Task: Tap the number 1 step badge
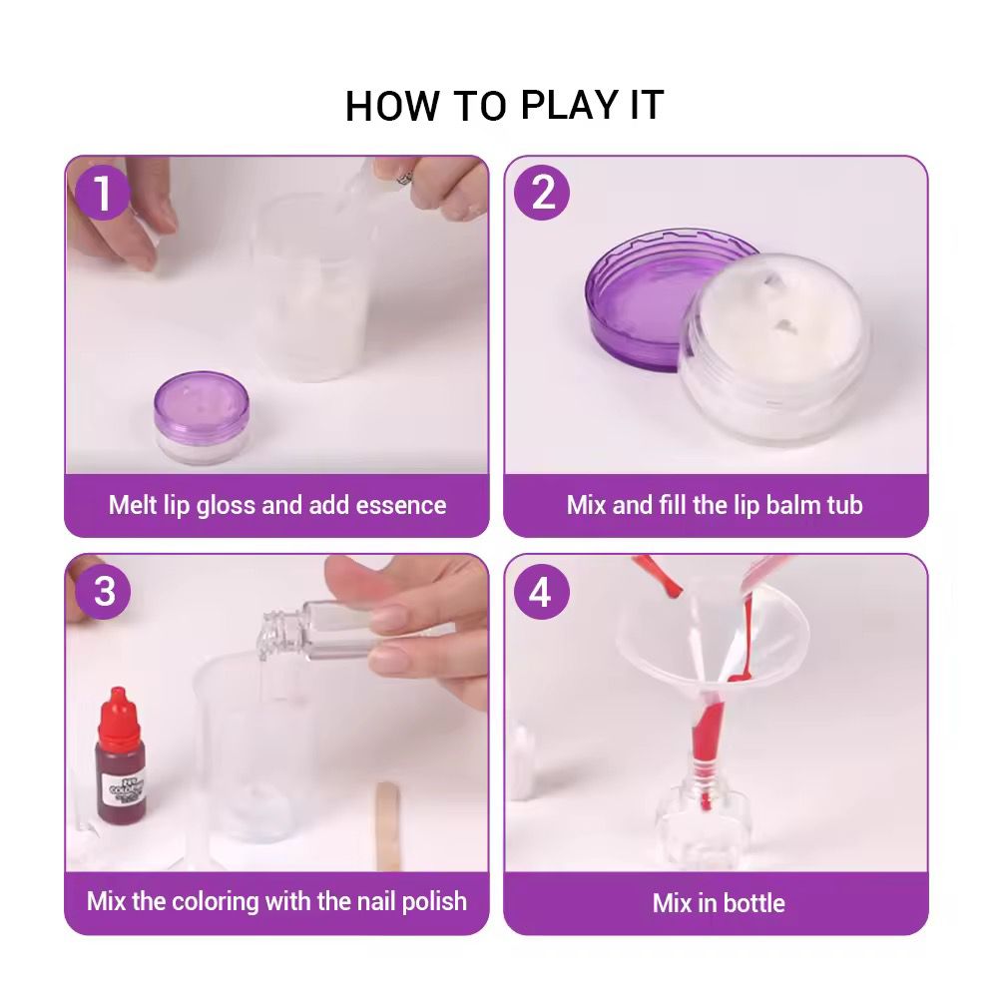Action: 103,193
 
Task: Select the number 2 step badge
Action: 542,193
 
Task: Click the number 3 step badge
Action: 103,591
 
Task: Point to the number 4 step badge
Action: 542,591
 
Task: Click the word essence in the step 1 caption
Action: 401,505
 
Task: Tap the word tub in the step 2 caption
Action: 844,505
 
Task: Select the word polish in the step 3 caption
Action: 434,901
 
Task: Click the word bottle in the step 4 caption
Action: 754,902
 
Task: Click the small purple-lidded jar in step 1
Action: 202,417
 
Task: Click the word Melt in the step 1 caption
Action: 133,505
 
